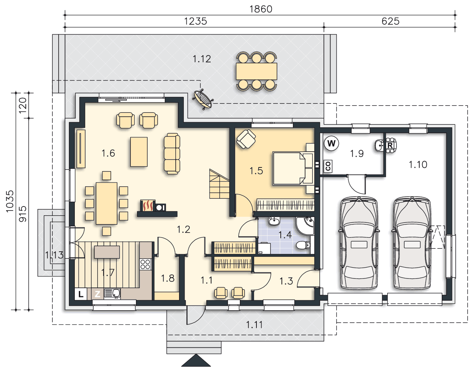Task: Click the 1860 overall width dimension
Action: point(261,9)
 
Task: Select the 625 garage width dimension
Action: point(391,21)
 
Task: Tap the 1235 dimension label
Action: point(196,21)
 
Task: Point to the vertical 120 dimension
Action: point(23,105)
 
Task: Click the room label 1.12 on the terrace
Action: point(202,59)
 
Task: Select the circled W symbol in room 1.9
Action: point(331,143)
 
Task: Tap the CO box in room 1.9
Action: point(328,166)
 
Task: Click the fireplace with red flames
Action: point(148,206)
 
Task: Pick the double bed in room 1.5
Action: point(293,169)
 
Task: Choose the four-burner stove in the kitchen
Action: point(145,264)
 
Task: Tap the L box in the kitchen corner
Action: point(81,294)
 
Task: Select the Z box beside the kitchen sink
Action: point(98,294)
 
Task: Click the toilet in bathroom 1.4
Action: point(304,245)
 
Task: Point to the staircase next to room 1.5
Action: point(219,184)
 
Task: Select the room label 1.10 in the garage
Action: point(418,165)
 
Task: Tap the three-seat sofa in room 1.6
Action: point(172,153)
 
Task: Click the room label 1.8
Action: point(168,278)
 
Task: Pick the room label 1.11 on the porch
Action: point(254,325)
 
